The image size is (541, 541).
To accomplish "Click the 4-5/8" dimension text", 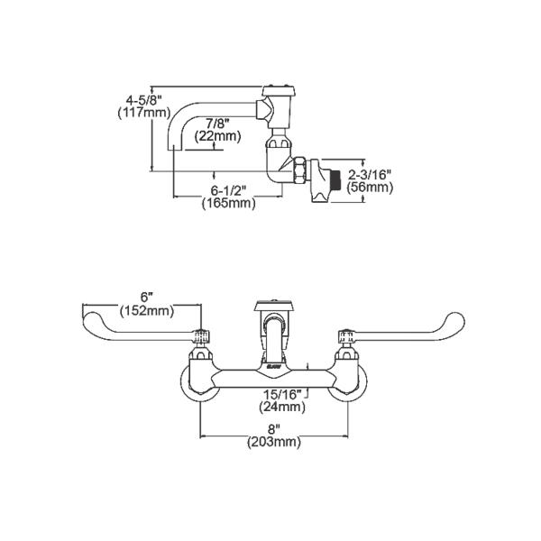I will click(x=134, y=100).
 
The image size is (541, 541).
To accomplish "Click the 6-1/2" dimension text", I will click(x=228, y=191).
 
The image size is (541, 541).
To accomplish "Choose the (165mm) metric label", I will click(x=228, y=205).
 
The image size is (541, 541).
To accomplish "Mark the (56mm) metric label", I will click(x=371, y=188).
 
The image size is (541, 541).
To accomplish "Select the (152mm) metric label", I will click(x=146, y=311).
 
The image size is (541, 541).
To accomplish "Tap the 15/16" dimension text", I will click(x=281, y=393).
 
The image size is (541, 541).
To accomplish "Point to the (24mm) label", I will click(x=281, y=407).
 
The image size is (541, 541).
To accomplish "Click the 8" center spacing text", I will click(x=274, y=429).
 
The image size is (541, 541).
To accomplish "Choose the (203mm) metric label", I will click(x=274, y=443).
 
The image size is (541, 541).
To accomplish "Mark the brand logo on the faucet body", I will click(x=274, y=367).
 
